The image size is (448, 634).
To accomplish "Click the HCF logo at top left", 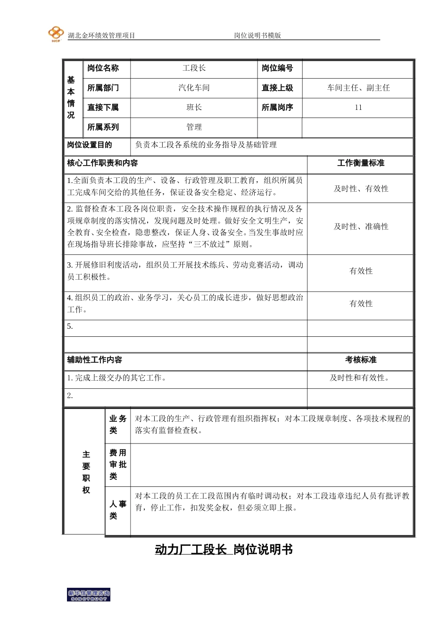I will pyautogui.click(x=56, y=34).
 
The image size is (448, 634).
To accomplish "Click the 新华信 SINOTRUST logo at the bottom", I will pyautogui.click(x=89, y=595).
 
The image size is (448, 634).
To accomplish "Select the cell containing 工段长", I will pyautogui.click(x=194, y=68).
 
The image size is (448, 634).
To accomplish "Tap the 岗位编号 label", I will pyautogui.click(x=277, y=68).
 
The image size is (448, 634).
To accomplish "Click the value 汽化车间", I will pyautogui.click(x=194, y=88).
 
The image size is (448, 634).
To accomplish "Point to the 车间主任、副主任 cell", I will pyautogui.click(x=358, y=88).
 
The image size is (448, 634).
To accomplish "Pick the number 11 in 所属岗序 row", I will pyautogui.click(x=358, y=108).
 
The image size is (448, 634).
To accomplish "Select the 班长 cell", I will pyautogui.click(x=194, y=108).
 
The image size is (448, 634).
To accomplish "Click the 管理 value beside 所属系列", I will pyautogui.click(x=194, y=127).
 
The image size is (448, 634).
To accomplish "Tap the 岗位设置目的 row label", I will pyautogui.click(x=90, y=145).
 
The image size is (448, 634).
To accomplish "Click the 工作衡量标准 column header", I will pyautogui.click(x=361, y=163).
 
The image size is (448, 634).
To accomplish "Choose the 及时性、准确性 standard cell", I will pyautogui.click(x=361, y=227).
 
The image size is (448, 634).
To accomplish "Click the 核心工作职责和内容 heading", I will pyautogui.click(x=102, y=163).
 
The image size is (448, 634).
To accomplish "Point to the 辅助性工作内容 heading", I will pyautogui.click(x=94, y=360).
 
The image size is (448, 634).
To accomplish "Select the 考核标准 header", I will pyautogui.click(x=361, y=360).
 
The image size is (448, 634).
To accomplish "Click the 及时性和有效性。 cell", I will pyautogui.click(x=361, y=378).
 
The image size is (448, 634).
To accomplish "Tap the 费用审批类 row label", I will pyautogui.click(x=117, y=465).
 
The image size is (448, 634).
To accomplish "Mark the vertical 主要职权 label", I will pyautogui.click(x=86, y=472).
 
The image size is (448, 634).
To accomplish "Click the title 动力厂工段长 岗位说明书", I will pyautogui.click(x=224, y=550).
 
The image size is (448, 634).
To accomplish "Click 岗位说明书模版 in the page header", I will pyautogui.click(x=257, y=35).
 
